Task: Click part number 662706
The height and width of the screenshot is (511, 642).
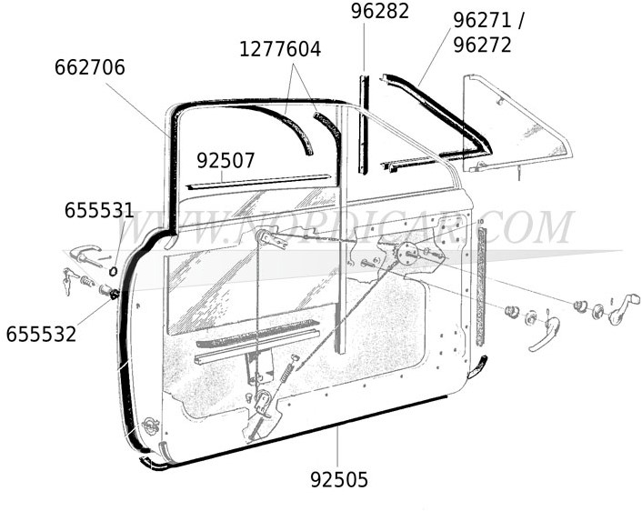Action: point(90,67)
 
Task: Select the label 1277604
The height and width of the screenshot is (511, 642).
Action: point(280,49)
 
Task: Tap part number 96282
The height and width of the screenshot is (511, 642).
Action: point(380,11)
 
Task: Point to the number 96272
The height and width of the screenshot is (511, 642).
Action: point(482,45)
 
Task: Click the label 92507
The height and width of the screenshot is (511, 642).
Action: point(226,161)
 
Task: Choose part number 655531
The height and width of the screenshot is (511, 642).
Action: point(99,211)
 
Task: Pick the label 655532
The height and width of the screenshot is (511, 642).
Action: point(41,334)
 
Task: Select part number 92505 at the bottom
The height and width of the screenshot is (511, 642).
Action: point(339,479)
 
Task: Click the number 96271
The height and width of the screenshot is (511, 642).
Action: point(482,21)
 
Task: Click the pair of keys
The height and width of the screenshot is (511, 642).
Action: point(69,280)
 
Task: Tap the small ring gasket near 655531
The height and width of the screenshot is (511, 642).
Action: point(113,271)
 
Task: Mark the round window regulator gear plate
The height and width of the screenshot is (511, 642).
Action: point(408,252)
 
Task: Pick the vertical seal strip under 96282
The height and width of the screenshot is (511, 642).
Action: point(363,124)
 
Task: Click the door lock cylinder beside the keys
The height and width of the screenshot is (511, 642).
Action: point(106,291)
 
